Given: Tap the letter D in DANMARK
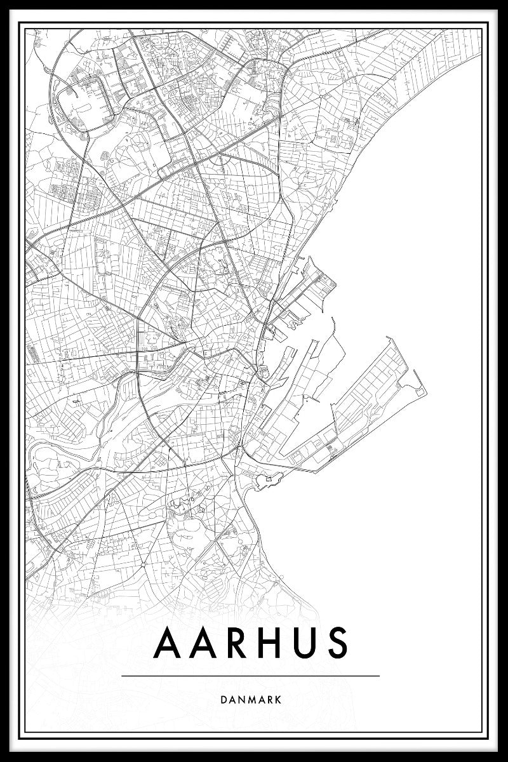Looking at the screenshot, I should point(225,699).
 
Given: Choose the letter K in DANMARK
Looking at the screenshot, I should point(279,699).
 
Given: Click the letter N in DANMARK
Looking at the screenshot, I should point(241,699).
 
